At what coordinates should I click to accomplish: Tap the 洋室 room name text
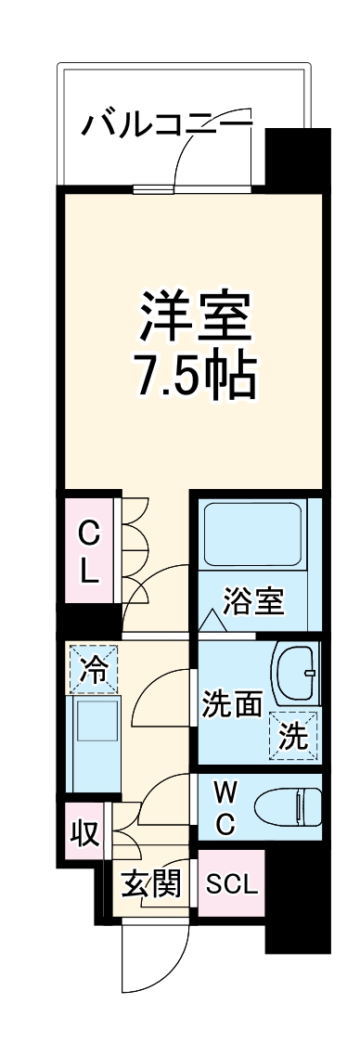pyautogui.click(x=196, y=317)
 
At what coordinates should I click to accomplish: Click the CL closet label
pyautogui.click(x=88, y=553)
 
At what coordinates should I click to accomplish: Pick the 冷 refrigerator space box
pyautogui.click(x=93, y=668)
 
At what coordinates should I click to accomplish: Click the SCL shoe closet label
pyautogui.click(x=231, y=884)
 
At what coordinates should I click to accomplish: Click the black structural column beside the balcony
pyautogui.click(x=298, y=158)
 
